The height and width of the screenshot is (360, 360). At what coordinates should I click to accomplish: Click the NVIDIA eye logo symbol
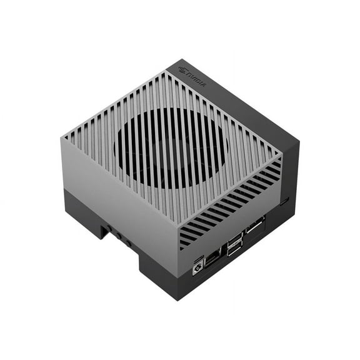coord(183,69)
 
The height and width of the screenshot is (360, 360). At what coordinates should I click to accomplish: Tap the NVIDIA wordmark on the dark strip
coord(196,80)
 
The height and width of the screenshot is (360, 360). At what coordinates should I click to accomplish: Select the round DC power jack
coord(197,269)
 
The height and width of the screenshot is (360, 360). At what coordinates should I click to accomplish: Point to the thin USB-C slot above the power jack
coord(198,260)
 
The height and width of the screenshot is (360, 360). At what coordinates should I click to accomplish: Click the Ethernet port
coord(212,258)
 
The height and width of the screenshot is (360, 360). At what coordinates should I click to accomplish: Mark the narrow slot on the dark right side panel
coord(285,201)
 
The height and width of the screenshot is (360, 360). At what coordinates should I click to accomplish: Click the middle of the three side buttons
coord(119,236)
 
